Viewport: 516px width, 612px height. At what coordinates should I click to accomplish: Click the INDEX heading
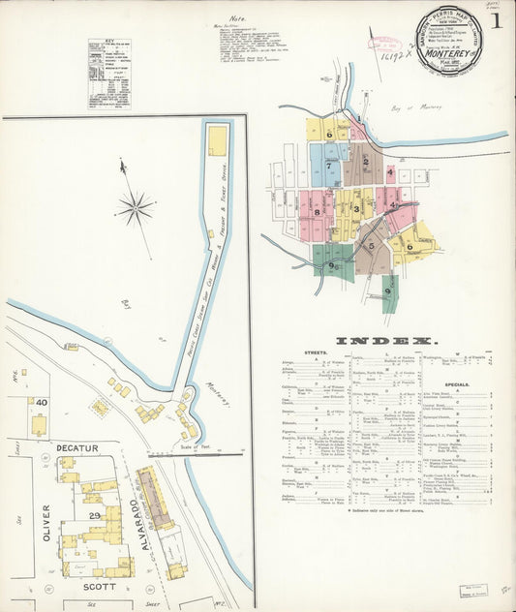(385, 341)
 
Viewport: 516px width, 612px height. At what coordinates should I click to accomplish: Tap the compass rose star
(136, 206)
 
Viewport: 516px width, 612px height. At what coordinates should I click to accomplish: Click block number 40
(42, 402)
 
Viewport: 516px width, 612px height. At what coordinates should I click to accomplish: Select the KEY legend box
(108, 73)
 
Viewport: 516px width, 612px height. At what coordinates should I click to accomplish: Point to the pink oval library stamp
(387, 42)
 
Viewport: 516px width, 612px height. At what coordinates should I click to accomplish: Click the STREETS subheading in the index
(315, 352)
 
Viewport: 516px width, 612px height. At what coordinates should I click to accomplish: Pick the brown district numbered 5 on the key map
(371, 246)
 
